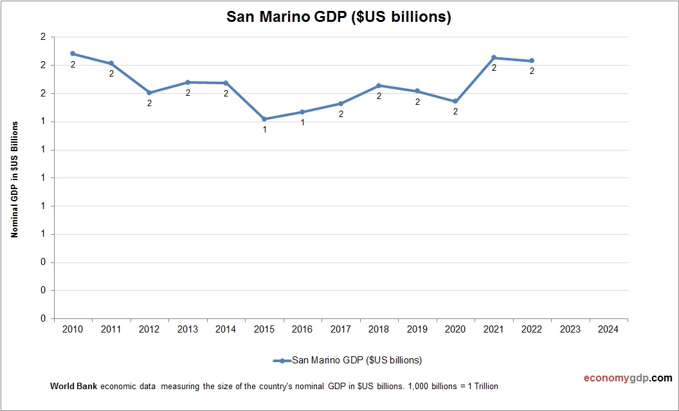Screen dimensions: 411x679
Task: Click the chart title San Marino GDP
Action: click(339, 17)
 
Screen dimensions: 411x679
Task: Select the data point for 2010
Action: click(73, 53)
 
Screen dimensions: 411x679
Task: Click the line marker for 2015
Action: click(264, 119)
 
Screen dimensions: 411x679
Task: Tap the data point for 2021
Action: click(494, 58)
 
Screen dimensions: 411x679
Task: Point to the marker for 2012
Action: click(149, 93)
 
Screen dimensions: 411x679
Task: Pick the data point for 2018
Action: click(379, 86)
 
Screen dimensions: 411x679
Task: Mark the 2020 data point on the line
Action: click(455, 102)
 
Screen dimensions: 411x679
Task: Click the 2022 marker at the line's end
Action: click(532, 61)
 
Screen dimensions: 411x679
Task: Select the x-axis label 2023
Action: click(570, 329)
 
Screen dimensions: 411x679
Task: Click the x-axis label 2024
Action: click(608, 329)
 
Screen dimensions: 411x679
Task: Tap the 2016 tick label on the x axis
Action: click(302, 329)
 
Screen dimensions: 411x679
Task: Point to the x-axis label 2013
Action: click(188, 329)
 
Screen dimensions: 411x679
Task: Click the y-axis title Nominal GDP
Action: click(14, 179)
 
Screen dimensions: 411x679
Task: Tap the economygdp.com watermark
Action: click(619, 378)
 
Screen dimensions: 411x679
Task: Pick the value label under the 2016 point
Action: click(303, 122)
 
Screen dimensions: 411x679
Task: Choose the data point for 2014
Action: click(226, 83)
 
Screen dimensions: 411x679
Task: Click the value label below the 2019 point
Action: click(417, 102)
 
